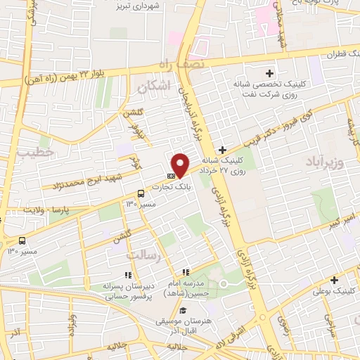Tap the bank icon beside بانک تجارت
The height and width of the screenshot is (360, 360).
171,176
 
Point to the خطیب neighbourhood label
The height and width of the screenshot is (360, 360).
30,151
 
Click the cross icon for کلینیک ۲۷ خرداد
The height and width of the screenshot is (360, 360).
222,150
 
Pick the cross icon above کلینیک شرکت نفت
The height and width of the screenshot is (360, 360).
269,73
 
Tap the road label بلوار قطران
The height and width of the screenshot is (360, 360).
338,53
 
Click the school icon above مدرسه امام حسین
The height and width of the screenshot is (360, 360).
185,272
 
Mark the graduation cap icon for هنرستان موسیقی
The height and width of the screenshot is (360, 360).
183,311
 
